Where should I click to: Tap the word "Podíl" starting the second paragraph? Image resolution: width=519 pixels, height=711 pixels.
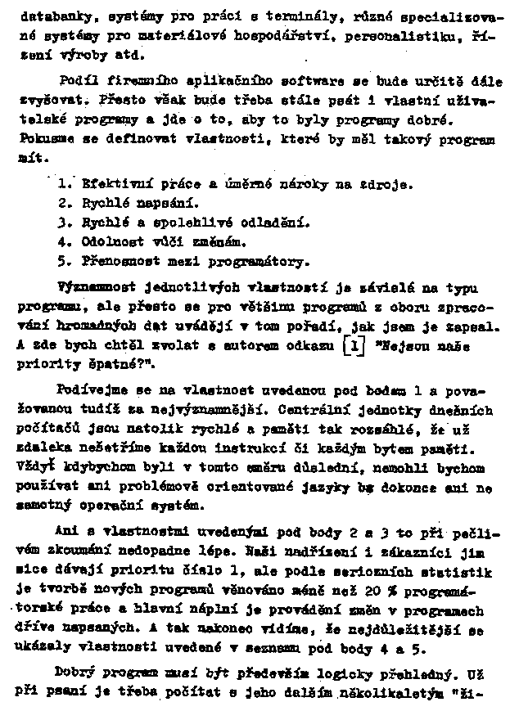78,80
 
